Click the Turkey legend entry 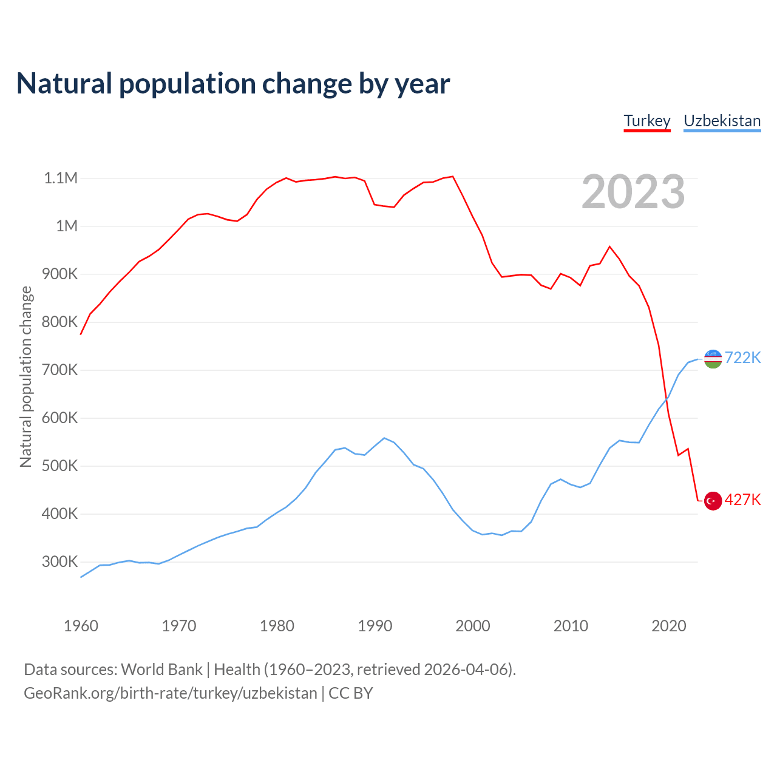646,121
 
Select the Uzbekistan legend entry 722,121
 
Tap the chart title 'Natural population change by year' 233,84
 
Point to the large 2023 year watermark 633,192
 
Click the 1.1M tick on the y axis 61,178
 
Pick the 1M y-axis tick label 67,226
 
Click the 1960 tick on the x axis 81,626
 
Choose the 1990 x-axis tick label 375,626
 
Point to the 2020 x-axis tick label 668,626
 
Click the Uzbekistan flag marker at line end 713,358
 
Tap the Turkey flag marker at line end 713,501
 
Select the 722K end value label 742,358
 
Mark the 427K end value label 742,500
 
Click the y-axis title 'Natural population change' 25,377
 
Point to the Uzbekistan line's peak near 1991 384,438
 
